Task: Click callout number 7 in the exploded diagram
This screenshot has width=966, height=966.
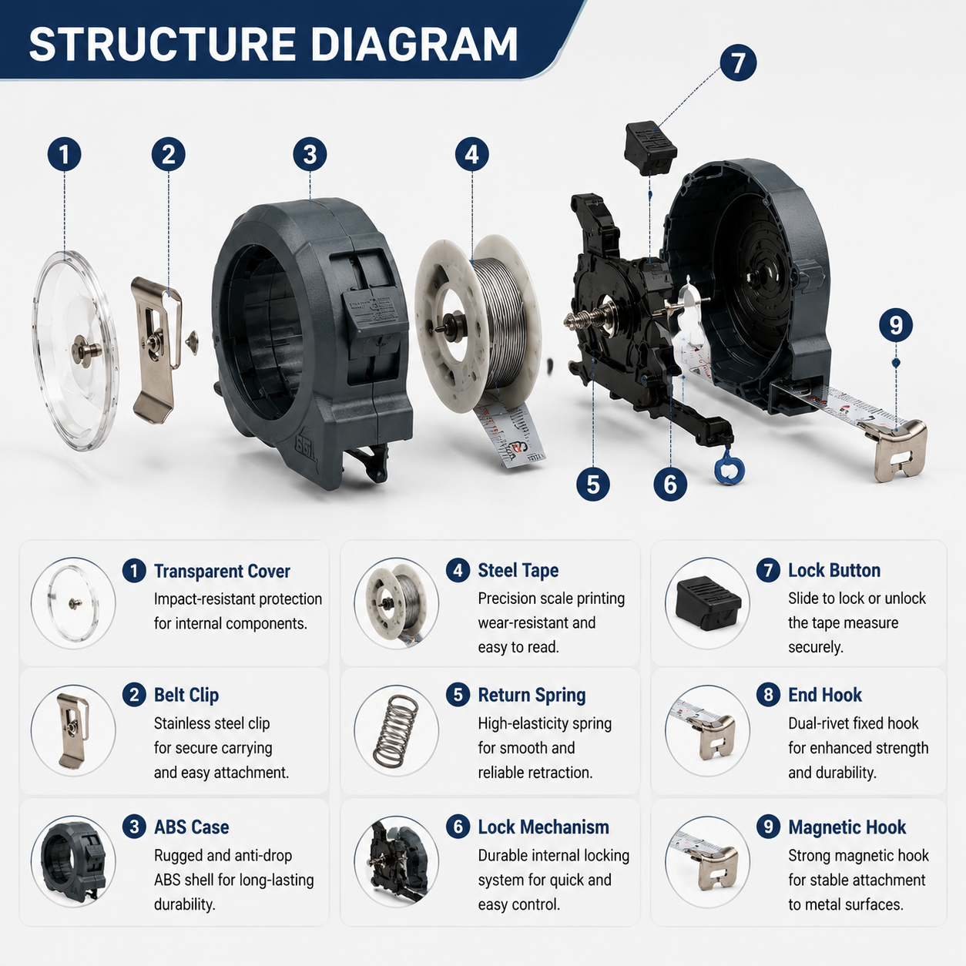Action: [x=738, y=63]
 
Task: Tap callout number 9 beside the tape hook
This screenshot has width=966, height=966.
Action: [x=896, y=325]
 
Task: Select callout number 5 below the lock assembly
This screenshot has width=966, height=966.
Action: [x=593, y=485]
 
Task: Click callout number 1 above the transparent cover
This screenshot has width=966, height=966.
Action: [x=64, y=154]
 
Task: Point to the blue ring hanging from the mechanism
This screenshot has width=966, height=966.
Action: [x=730, y=468]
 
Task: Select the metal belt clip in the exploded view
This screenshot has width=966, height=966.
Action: [x=156, y=350]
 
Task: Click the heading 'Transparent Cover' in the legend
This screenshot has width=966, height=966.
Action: [x=222, y=572]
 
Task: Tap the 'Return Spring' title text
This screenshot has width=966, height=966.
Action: [x=532, y=696]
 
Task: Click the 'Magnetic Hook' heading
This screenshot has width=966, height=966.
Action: [x=847, y=827]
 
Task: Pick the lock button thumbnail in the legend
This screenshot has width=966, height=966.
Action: [x=708, y=603]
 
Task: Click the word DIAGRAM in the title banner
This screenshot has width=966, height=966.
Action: [x=414, y=44]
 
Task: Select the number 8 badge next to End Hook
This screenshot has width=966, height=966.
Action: [x=768, y=696]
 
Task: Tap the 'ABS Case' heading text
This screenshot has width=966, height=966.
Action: [x=191, y=827]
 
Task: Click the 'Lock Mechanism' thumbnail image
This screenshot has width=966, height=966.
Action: [x=397, y=860]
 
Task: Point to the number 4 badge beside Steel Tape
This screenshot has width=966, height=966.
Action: [x=458, y=571]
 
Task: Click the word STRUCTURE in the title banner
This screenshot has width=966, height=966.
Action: [x=162, y=44]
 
